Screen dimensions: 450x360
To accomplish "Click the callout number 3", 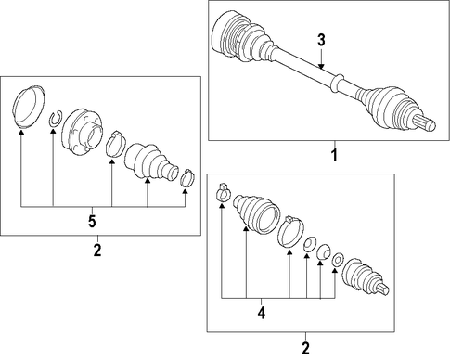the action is pos(321,41).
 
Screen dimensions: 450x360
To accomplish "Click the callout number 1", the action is pos(334,154).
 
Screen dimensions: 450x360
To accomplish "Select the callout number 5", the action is pos(92,221).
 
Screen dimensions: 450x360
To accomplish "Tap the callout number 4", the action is pos(262,313).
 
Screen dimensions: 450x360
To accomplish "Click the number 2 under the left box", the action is pos(97,250).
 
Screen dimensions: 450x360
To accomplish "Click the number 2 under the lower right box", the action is pos(305,348).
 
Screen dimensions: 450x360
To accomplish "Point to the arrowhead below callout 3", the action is pos(321,66).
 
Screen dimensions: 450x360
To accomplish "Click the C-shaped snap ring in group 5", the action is pos(57,119).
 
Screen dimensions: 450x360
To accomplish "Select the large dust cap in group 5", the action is pos(28,107).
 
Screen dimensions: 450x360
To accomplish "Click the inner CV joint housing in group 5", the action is pos(81,132).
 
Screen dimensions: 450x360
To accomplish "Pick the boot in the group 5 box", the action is pos(151,161).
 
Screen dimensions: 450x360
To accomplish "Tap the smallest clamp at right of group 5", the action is pos(187,179).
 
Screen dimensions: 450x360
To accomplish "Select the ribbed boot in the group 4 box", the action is pos(256,212).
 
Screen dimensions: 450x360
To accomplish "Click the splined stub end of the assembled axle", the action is pos(425,123).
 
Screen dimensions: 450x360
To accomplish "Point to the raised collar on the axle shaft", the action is pos(337,83).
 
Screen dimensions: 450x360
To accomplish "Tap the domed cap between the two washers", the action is pos(324,251).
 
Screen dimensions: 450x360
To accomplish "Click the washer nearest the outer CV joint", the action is pos(338,260).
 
